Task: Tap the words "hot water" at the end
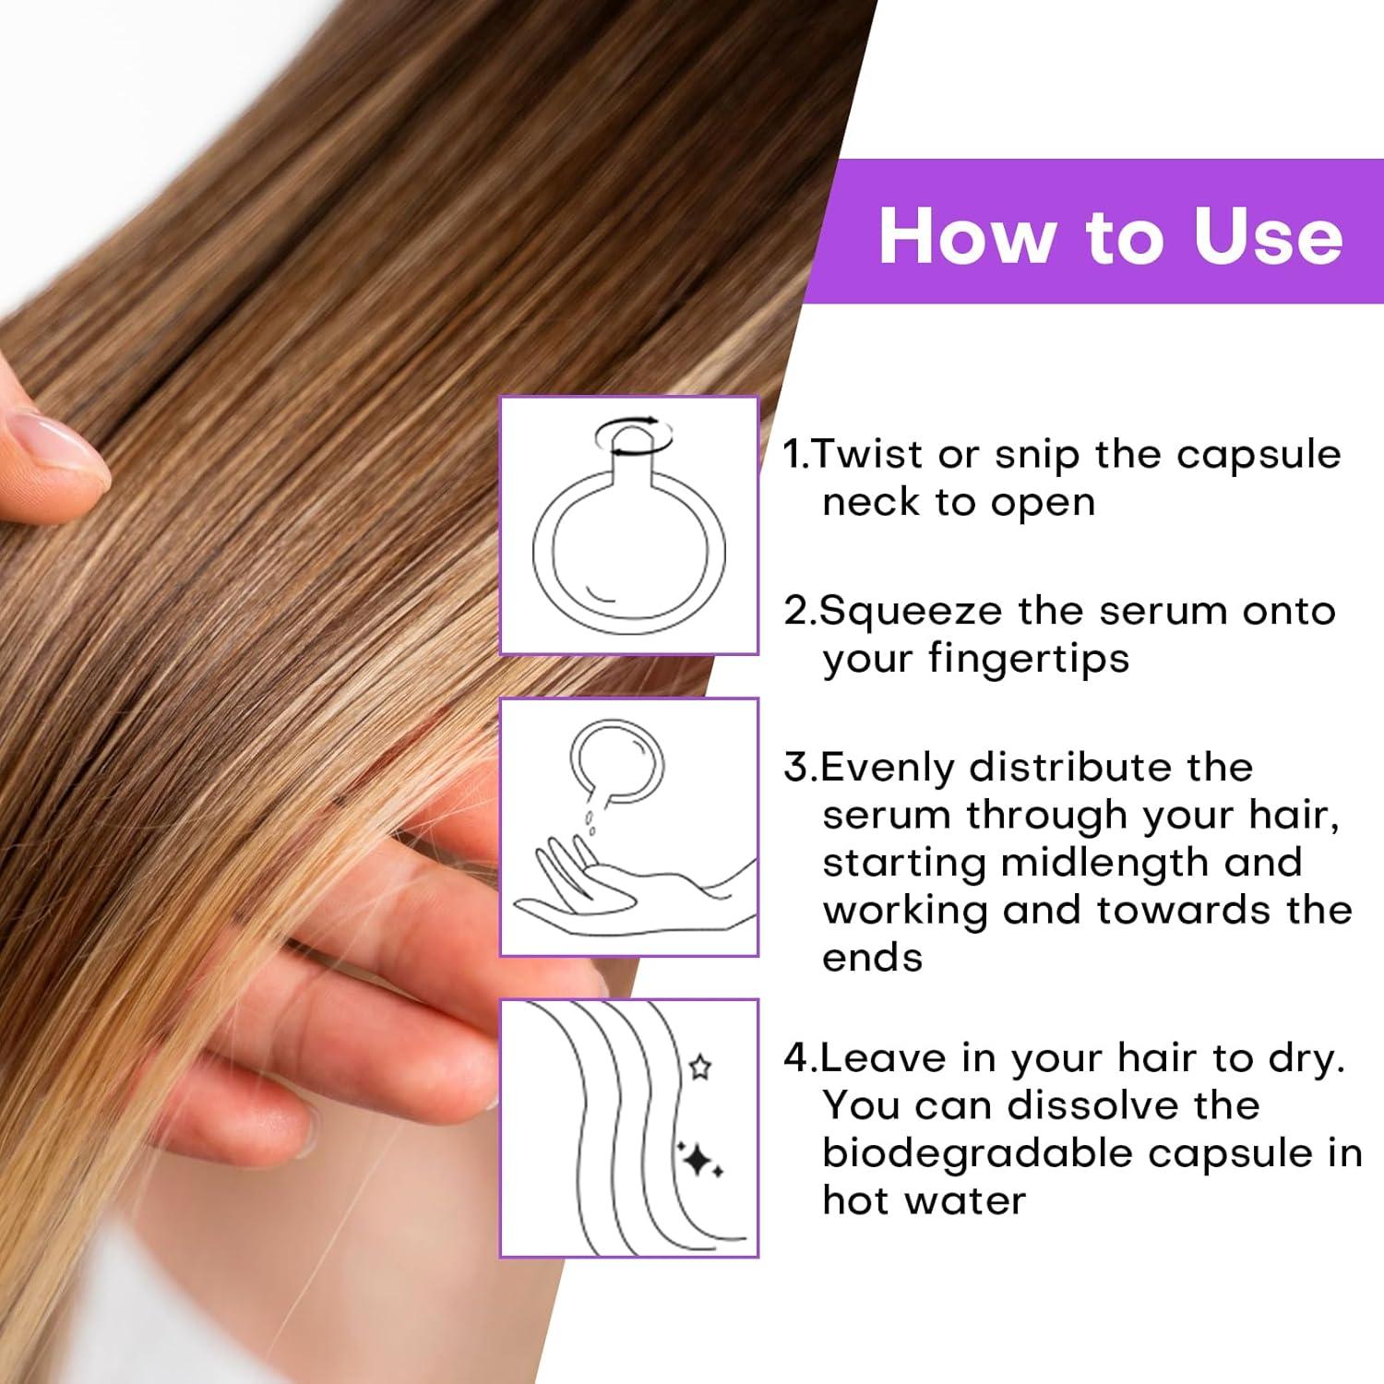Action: (x=924, y=1201)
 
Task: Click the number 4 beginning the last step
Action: (x=795, y=1058)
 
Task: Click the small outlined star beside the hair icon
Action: (x=700, y=1068)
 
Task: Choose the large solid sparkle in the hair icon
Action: (x=701, y=1162)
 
